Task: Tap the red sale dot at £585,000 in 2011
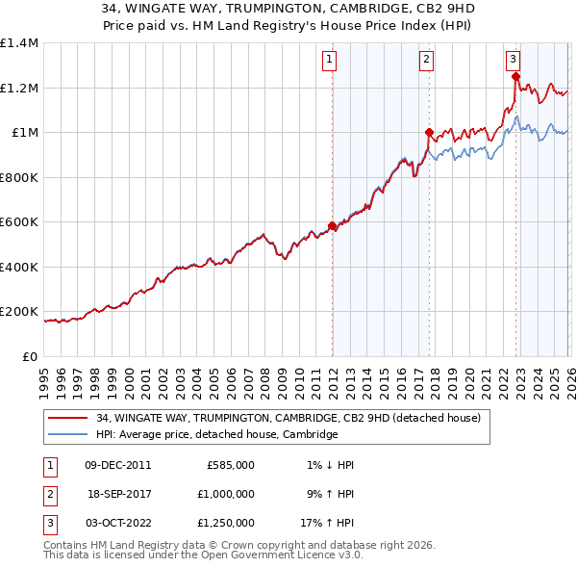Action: pos(332,226)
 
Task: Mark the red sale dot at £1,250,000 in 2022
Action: pos(515,77)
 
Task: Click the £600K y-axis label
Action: pos(19,222)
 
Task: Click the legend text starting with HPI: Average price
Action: pos(217,434)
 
